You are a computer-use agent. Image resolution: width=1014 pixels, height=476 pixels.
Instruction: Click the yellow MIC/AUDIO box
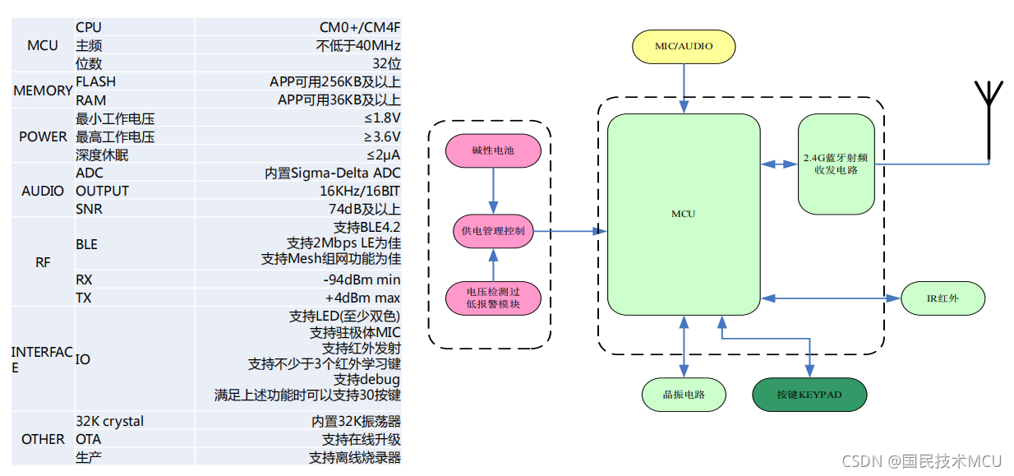pos(684,46)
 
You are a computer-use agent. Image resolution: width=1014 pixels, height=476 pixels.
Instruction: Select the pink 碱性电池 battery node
pos(493,151)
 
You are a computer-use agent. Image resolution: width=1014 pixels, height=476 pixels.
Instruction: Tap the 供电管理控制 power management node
pos(493,231)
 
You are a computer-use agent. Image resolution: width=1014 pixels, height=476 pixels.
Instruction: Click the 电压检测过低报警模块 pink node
pos(493,298)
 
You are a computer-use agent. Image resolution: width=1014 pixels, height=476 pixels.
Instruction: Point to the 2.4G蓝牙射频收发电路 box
pos(836,164)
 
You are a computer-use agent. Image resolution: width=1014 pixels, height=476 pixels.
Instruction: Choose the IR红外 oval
pos(943,298)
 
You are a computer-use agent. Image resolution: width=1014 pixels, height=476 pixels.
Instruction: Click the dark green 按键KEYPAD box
pos(809,395)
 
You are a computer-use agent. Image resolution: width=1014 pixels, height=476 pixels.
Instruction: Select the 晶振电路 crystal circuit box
pos(684,395)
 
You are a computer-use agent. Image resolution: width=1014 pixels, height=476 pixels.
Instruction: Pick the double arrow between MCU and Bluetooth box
pos(779,164)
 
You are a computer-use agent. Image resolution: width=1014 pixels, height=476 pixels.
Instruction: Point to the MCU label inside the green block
pos(683,214)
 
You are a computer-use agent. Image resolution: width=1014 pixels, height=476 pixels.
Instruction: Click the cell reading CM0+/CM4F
pos(360,27)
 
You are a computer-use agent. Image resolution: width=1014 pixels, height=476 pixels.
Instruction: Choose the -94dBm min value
pos(362,280)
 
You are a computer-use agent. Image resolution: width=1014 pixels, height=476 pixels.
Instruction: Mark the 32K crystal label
pos(109,421)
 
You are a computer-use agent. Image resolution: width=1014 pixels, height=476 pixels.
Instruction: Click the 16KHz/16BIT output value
pos(358,191)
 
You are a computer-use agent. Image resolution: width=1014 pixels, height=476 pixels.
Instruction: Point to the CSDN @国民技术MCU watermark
pos(922,461)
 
